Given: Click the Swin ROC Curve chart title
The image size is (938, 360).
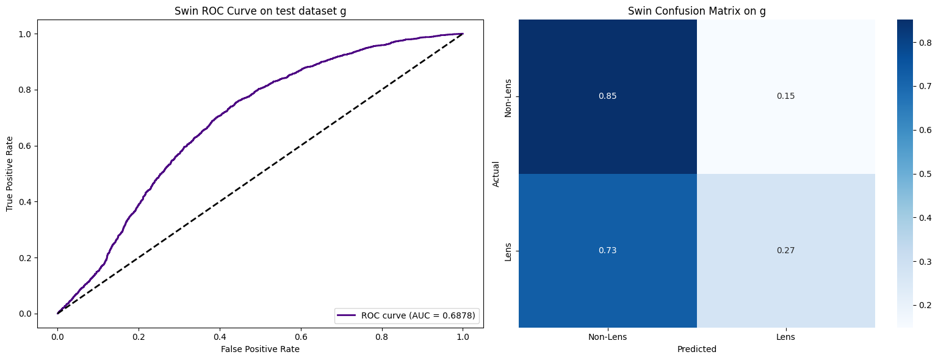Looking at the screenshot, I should coord(260,10).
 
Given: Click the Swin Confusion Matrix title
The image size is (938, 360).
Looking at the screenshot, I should coord(697,10).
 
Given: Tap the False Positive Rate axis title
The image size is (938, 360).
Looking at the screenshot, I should coord(260,349).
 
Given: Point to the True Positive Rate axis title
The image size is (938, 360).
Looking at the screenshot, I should coord(10,174).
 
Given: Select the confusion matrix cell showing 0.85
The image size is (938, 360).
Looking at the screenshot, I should coord(608,96).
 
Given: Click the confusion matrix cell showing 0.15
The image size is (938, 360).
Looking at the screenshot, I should coord(786,96).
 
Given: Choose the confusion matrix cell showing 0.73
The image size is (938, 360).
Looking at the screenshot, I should coord(608,251).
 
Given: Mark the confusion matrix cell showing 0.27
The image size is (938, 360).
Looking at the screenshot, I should coord(786,251).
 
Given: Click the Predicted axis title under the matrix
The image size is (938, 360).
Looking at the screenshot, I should coord(697,350).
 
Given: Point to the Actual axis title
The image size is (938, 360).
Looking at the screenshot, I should coord(496,174).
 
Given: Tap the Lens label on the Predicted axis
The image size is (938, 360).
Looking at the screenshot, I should coord(786,337).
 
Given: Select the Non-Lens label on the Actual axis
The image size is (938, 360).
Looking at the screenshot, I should coord(508,96).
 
